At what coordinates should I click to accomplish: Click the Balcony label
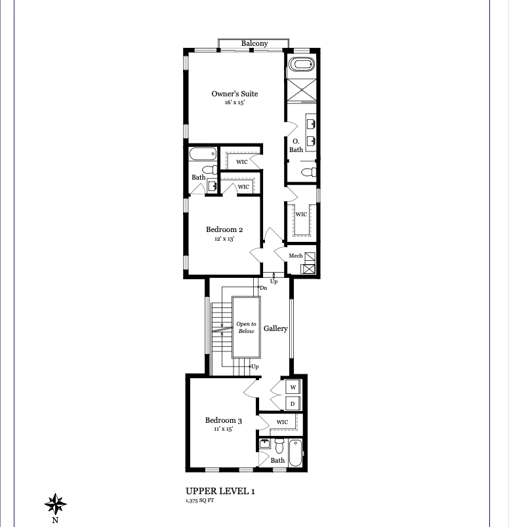(x=254, y=43)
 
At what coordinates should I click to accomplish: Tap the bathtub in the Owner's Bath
(x=302, y=64)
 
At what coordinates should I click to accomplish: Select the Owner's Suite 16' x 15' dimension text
(x=235, y=102)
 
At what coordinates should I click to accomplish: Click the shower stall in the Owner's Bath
(x=302, y=90)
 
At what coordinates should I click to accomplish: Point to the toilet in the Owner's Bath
(x=309, y=172)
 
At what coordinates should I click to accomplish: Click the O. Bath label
(x=296, y=146)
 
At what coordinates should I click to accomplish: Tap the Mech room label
(x=296, y=256)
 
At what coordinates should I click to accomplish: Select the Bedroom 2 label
(x=224, y=229)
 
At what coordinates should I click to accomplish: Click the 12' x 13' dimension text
(x=224, y=239)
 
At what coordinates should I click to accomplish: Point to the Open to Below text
(x=246, y=327)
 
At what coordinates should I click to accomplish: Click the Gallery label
(x=275, y=328)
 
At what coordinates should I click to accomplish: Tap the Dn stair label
(x=264, y=288)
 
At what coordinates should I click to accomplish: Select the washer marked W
(x=293, y=387)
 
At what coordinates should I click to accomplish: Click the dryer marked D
(x=293, y=404)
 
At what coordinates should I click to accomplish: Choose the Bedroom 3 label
(x=224, y=420)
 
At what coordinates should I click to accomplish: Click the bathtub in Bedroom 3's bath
(x=295, y=453)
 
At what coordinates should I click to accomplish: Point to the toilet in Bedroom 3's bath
(x=279, y=446)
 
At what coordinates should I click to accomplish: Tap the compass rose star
(x=56, y=504)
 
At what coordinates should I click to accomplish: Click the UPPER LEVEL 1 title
(x=220, y=491)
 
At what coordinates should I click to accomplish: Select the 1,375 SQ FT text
(x=200, y=500)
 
